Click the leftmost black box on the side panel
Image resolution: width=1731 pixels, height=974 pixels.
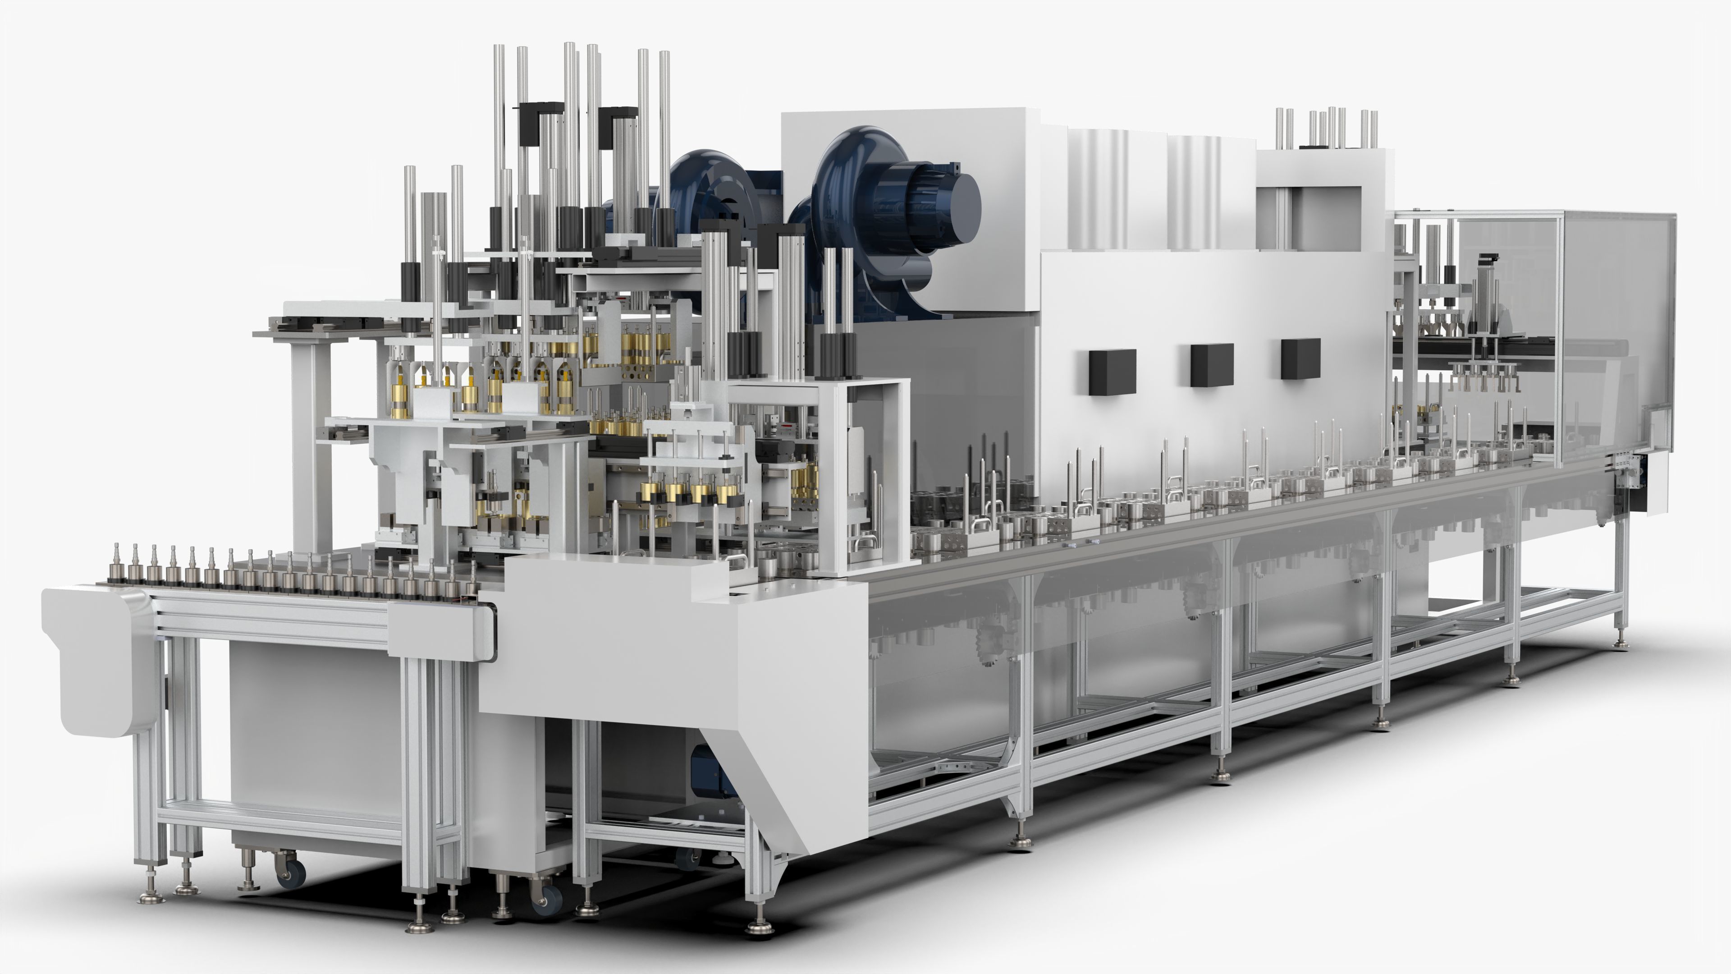(1112, 371)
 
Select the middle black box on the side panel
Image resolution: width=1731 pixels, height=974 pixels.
(1212, 364)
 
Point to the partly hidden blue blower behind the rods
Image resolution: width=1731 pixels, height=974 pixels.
(699, 195)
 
